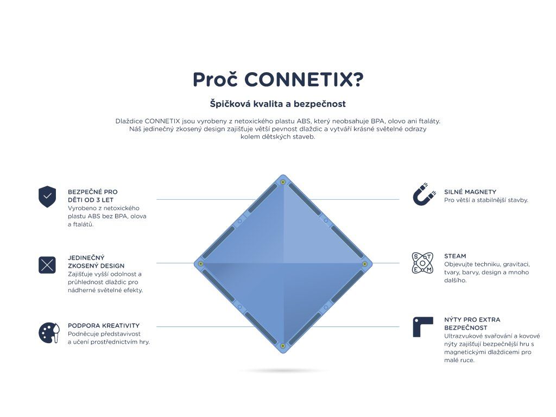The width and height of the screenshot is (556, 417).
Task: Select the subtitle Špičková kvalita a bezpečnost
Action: click(278, 103)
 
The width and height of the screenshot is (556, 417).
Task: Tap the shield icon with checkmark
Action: click(47, 197)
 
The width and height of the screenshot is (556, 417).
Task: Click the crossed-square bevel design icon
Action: click(47, 265)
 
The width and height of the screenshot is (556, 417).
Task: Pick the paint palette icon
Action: click(48, 333)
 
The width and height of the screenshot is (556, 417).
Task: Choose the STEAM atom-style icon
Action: click(422, 263)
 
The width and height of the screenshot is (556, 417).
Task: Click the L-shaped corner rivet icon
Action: click(422, 326)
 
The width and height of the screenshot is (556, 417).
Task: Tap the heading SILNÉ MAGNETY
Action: click(470, 192)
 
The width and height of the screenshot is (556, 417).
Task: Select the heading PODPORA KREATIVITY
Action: click(104, 326)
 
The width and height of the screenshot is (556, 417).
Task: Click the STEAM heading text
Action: click(455, 256)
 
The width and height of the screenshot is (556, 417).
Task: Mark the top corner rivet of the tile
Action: click(283, 182)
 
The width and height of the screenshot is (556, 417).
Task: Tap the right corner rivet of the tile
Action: click(365, 264)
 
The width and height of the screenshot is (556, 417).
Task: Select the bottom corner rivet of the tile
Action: click(283, 345)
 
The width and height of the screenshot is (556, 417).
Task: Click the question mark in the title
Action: click(357, 80)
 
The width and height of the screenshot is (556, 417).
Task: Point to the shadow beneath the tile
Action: click(283, 371)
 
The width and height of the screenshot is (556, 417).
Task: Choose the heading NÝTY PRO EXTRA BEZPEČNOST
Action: click(472, 324)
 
